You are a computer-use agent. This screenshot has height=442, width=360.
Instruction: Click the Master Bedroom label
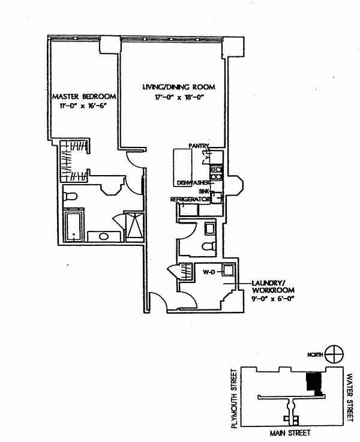(84, 97)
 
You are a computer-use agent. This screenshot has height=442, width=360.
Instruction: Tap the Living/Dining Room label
(179, 87)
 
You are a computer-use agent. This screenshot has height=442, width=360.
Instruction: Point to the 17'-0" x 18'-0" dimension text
(179, 98)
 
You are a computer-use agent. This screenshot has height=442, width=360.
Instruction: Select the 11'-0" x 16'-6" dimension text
(84, 106)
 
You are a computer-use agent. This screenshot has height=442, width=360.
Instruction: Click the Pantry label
(199, 146)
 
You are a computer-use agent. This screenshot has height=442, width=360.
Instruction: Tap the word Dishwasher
(193, 183)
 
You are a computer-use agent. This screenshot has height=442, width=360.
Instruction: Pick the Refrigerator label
(190, 199)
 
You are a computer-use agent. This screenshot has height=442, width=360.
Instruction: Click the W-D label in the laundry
(209, 272)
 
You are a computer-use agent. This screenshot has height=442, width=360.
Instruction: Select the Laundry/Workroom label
(273, 287)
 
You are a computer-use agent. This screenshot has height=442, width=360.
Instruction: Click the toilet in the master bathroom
(70, 196)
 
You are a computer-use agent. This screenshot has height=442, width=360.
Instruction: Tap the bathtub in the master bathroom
(74, 227)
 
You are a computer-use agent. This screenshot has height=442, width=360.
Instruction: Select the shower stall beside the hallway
(134, 225)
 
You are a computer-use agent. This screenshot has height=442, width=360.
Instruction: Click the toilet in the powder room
(209, 246)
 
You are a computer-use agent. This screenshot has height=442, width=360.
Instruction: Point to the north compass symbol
(334, 354)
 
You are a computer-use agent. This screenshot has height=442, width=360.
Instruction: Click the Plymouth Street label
(234, 399)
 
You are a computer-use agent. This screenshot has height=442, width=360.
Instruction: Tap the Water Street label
(350, 398)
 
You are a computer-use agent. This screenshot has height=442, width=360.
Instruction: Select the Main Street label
(290, 432)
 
